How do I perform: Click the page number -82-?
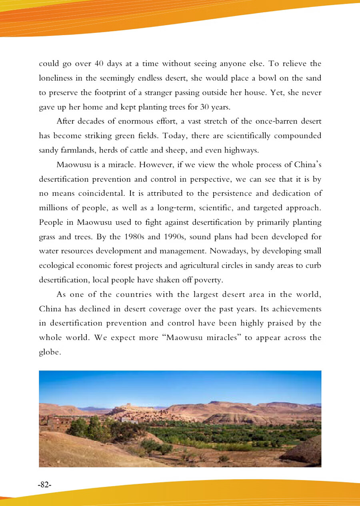click(45, 484)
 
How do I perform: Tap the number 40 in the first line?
click(100, 64)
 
